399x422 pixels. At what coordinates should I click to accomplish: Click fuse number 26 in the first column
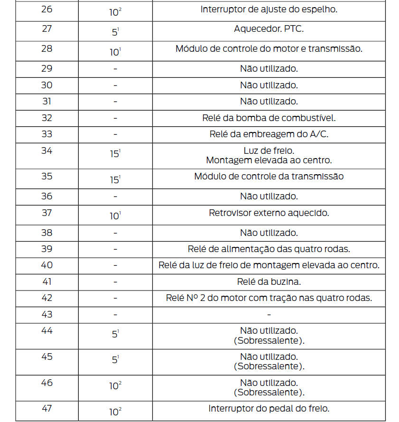pos(46,9)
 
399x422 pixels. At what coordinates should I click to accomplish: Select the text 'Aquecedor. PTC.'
pos(269,29)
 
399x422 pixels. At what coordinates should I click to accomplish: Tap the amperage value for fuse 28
pos(115,52)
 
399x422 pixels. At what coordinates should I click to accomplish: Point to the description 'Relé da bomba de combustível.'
pos(269,118)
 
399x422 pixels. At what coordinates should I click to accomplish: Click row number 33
pos(46,134)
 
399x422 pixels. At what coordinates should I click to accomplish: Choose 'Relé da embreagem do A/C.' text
pos(269,134)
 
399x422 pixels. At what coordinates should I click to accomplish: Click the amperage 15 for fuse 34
pos(115,154)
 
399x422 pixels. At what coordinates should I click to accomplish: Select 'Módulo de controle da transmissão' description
pos(269,177)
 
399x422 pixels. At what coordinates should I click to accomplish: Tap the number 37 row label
pos(46,213)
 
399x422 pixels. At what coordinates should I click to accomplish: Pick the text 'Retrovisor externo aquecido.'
pos(269,213)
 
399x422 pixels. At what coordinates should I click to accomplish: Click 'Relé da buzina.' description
pos(269,281)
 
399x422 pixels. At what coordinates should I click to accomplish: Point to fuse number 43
pos(46,314)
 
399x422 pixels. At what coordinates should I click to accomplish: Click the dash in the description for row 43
pos(269,315)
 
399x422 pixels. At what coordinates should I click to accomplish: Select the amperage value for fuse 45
pos(115,360)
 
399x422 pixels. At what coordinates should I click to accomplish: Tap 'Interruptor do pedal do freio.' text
pos(269,409)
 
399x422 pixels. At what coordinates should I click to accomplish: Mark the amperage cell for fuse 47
pos(115,412)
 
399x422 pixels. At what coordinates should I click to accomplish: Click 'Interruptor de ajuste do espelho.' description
pos(269,9)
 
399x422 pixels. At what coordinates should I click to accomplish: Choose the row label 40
pos(46,265)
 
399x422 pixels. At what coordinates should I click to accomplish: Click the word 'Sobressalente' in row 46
pos(269,392)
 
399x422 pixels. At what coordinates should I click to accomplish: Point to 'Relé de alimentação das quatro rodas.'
pos(269,249)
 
